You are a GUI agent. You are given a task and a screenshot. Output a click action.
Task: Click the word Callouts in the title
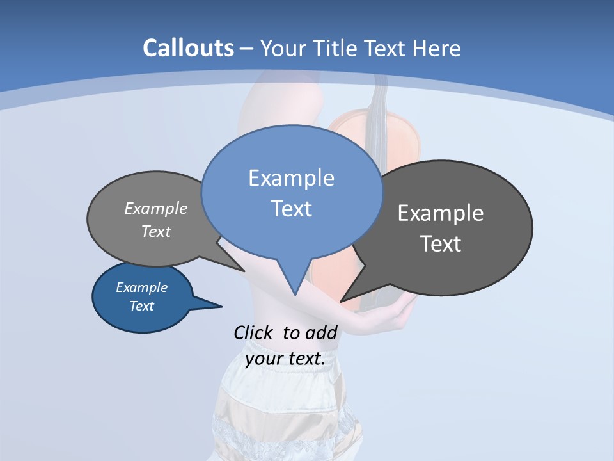click(188, 48)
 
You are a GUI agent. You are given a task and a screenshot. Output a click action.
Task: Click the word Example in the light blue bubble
click(291, 178)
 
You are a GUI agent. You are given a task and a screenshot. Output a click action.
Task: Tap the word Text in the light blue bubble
click(291, 209)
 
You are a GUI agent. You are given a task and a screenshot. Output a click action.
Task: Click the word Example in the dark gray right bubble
click(441, 213)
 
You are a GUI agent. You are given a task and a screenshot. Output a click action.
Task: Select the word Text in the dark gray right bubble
click(441, 244)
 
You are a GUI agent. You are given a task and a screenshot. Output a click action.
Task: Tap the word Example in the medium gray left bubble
click(156, 208)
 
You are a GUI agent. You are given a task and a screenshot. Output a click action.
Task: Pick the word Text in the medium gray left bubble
click(156, 231)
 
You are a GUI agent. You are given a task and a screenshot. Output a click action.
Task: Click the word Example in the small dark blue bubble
click(141, 287)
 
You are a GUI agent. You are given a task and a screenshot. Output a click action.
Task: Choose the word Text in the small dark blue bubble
click(141, 306)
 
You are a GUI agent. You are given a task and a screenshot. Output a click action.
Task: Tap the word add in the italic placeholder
click(321, 332)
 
